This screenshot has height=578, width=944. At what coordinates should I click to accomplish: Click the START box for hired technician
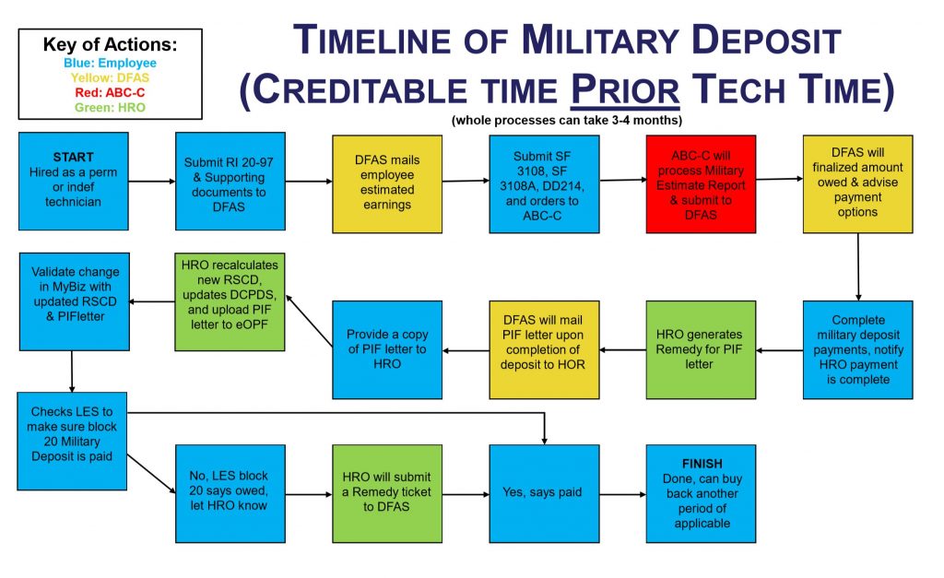tap(73, 182)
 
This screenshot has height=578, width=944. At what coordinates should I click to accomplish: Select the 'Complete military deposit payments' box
tap(857, 349)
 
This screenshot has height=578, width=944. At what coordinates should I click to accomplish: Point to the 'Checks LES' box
tap(71, 441)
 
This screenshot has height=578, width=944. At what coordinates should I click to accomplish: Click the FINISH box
tap(702, 492)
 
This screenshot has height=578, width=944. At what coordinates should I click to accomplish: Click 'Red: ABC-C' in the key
tap(111, 93)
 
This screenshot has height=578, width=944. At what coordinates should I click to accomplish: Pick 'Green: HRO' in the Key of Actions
tap(111, 108)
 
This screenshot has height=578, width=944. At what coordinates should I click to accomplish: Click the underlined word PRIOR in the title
tap(627, 89)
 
